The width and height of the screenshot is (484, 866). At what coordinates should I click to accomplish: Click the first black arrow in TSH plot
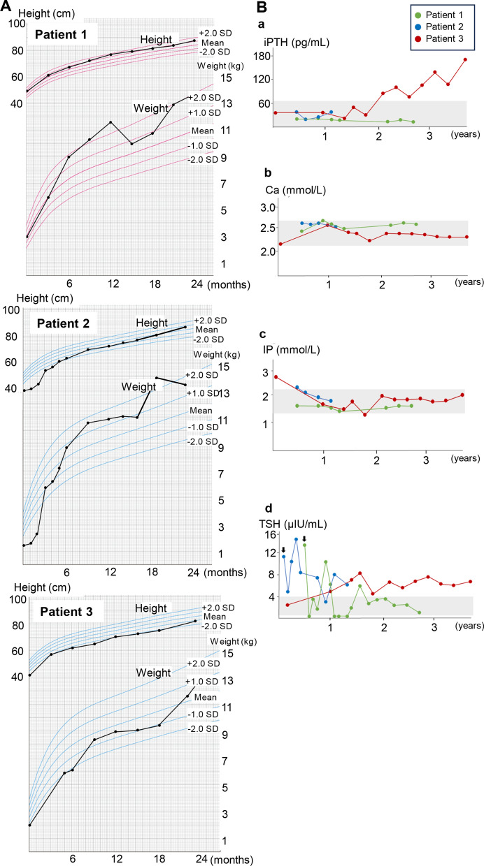click(283, 550)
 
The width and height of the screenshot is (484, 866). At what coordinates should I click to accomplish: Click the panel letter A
click(6, 8)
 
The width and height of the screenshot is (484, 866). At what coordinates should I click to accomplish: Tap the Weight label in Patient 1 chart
click(150, 107)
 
